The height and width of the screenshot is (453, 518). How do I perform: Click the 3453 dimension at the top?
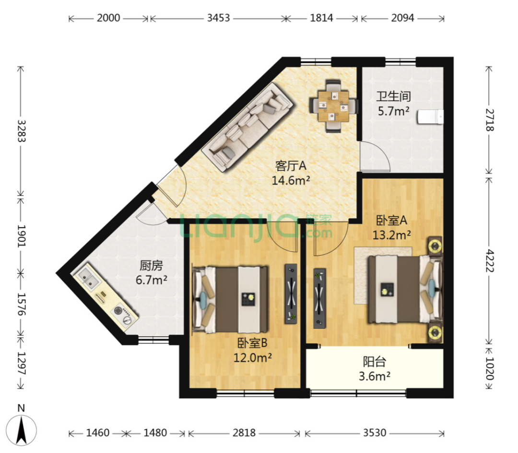tap(218, 18)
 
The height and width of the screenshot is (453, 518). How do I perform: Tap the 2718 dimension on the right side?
tap(489, 120)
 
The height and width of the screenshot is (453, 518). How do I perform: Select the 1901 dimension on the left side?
tap(21, 236)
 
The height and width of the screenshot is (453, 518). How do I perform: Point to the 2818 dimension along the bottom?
tap(244, 433)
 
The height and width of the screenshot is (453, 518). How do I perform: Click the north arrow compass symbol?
tap(22, 428)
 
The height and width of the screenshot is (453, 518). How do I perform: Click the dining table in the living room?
tap(333, 106)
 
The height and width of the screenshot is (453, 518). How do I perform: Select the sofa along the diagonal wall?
tap(247, 127)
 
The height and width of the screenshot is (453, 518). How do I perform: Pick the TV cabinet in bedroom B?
tap(291, 294)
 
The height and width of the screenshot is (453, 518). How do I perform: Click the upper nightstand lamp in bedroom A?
tap(435, 245)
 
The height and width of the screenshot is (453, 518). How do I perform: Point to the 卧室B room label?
tap(252, 343)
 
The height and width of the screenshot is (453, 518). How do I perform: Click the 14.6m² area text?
tap(291, 181)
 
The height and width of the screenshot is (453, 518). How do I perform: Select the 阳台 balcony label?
tap(374, 362)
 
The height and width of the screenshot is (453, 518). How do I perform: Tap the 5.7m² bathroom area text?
tap(393, 111)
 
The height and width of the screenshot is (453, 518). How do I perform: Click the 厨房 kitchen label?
tap(151, 265)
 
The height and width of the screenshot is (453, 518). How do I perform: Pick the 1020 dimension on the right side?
tap(489, 368)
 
